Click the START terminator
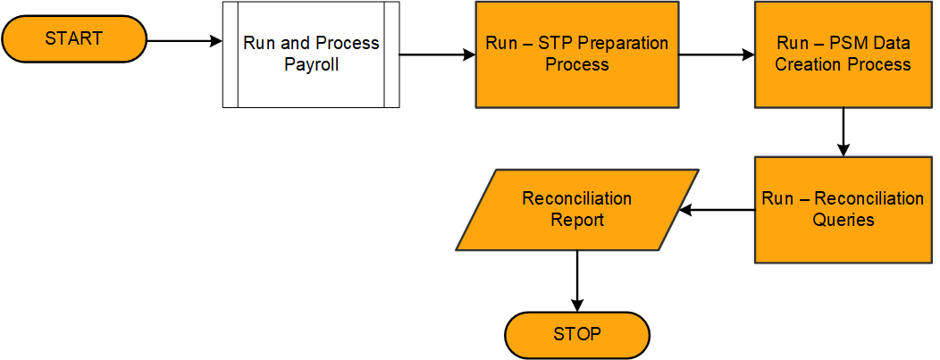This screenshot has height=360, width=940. coord(74,38)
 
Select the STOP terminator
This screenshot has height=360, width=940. coord(577,335)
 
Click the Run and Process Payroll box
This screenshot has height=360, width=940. coord(310,54)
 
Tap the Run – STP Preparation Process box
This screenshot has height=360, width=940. coord(576,54)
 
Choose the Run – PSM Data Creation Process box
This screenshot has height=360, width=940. coord(843,54)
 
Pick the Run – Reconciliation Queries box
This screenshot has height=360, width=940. coord(843,210)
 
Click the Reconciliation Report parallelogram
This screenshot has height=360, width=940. coord(577,210)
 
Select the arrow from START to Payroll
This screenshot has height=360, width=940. coord(183,41)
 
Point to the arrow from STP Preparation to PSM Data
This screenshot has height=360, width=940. coord(716,54)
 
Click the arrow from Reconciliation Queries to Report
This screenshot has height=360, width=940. coord(718,211)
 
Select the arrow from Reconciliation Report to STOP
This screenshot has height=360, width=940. coord(577,280)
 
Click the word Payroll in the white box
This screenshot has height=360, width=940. coord(311,64)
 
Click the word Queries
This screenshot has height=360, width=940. coord(843,220)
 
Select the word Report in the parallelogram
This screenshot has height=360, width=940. coord(577,220)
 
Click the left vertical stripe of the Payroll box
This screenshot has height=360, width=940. coord(231,54)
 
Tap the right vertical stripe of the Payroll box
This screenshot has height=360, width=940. coord(390,54)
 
